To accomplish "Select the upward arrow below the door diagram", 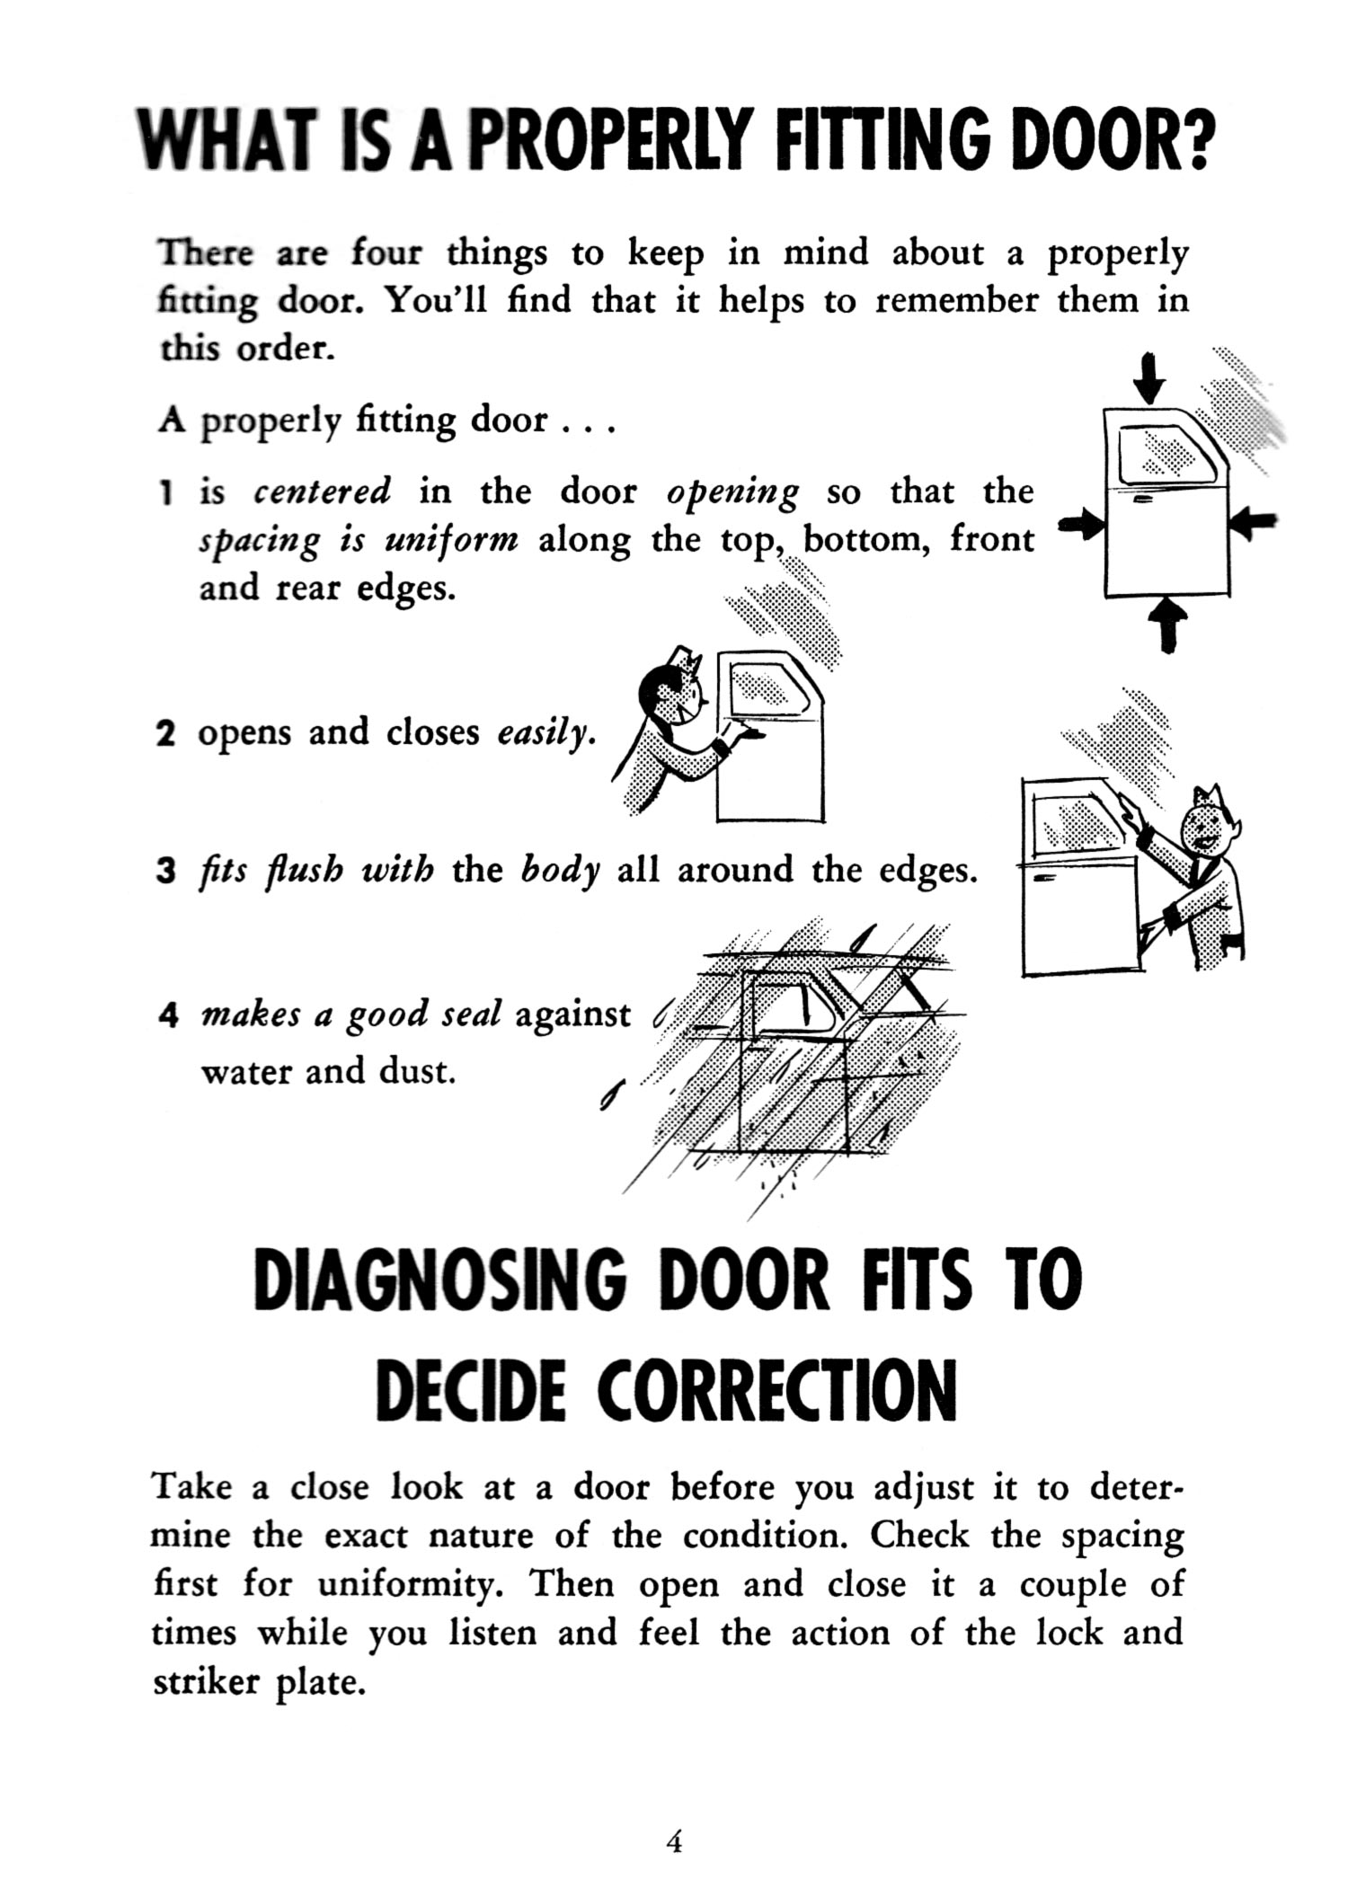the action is (1167, 623).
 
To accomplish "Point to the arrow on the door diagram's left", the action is (1079, 526).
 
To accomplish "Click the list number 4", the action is (166, 1015).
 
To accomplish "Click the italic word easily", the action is (545, 734).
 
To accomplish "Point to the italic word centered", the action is (323, 492).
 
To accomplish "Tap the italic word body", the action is (561, 872).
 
